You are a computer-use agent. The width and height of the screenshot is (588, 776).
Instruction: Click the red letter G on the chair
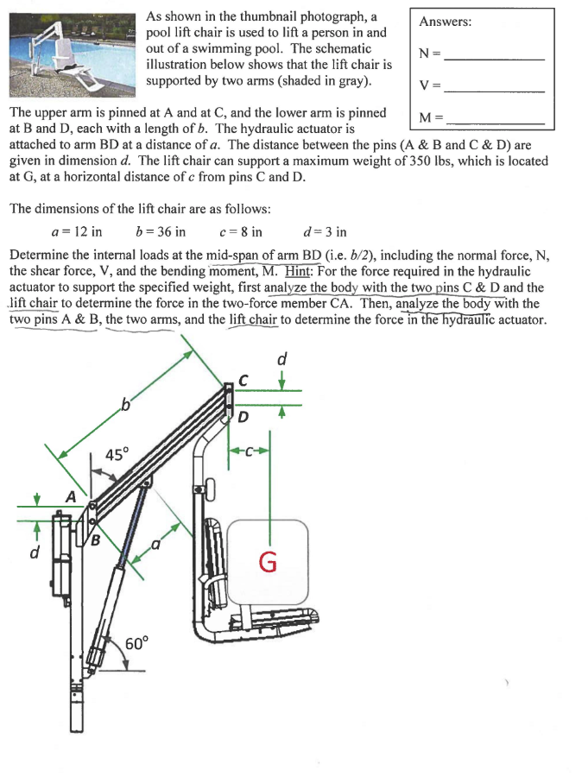[268, 562]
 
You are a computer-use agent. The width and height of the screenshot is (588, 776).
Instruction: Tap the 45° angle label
[117, 454]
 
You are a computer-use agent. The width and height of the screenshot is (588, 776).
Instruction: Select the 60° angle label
[138, 642]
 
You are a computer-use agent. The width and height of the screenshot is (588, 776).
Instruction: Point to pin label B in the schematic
[96, 541]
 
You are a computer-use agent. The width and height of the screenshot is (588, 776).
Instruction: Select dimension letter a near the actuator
[156, 545]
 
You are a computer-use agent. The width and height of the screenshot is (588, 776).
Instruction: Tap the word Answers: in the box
[445, 22]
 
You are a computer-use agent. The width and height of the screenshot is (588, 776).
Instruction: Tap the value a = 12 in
[77, 231]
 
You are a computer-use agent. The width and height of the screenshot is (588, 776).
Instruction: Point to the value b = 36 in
[161, 231]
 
